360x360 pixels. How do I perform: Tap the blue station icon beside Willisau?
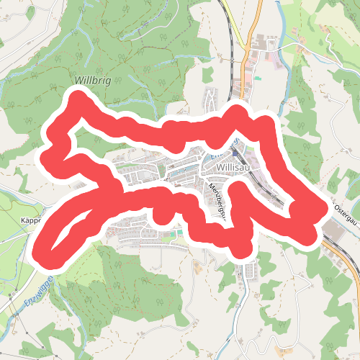tap(239, 153)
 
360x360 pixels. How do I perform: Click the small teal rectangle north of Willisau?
tap(257, 77)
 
